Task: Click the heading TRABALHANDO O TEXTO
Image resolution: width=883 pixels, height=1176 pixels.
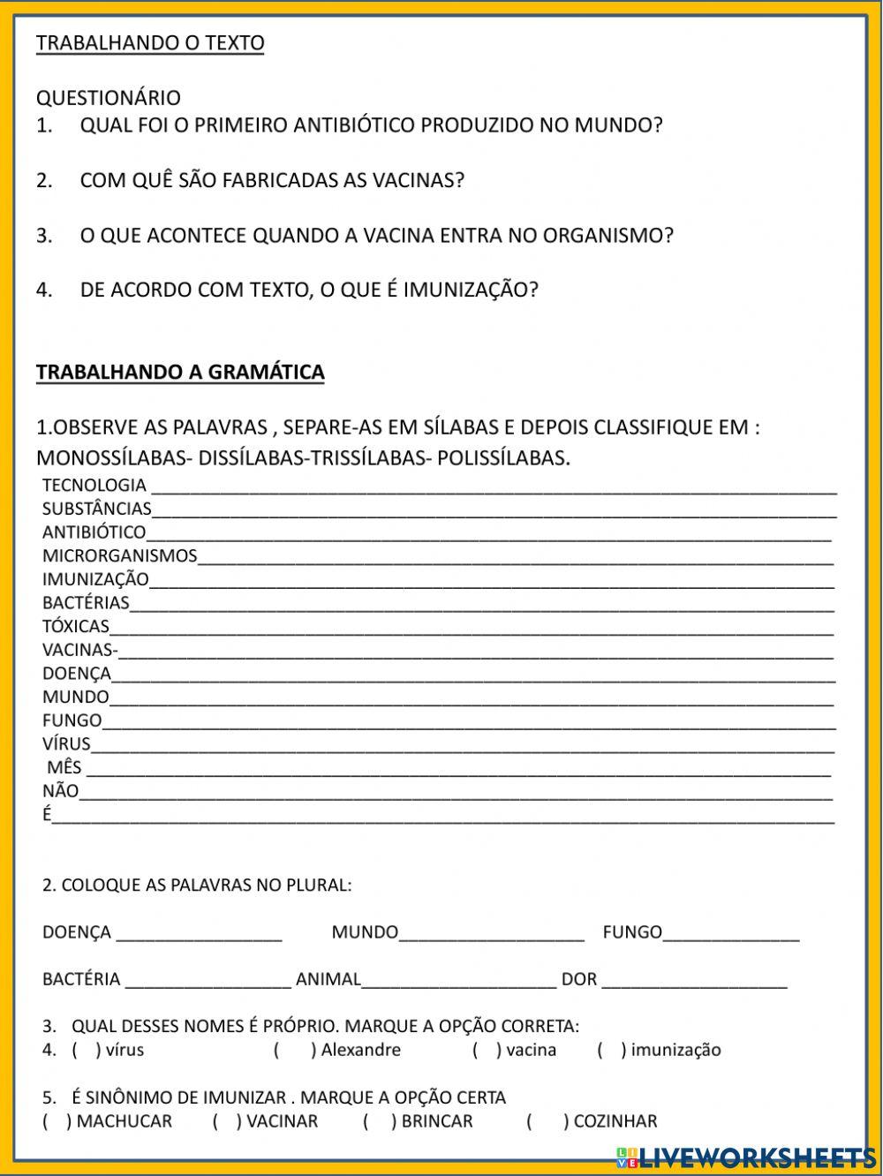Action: pyautogui.click(x=150, y=42)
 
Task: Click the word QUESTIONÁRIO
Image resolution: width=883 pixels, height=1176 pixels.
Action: pyautogui.click(x=108, y=97)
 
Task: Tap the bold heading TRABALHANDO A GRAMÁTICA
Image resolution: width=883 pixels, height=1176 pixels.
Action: pyautogui.click(x=180, y=372)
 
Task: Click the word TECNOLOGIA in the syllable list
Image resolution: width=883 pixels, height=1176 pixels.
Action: pyautogui.click(x=94, y=485)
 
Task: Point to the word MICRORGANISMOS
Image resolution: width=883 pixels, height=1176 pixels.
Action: pyautogui.click(x=120, y=555)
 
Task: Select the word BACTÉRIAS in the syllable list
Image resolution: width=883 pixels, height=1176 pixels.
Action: pyautogui.click(x=86, y=603)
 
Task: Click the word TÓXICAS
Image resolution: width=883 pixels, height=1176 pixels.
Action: pyautogui.click(x=76, y=627)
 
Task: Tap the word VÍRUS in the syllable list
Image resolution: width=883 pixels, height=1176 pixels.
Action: pyautogui.click(x=66, y=744)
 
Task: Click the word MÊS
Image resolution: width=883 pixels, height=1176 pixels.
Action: pyautogui.click(x=64, y=767)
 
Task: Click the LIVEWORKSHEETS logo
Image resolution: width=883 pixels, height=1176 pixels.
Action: pyautogui.click(x=745, y=1157)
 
